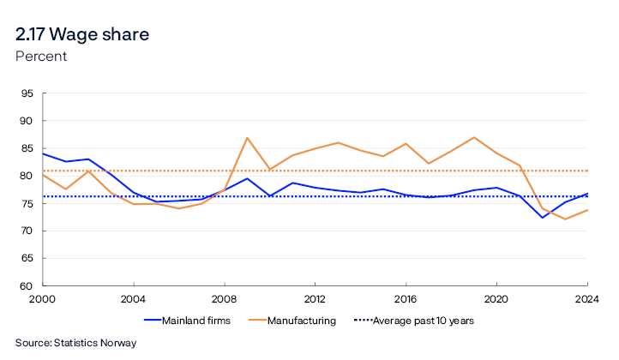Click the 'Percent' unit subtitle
click(x=41, y=57)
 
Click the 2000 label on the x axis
click(x=43, y=300)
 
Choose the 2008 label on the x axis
click(x=225, y=300)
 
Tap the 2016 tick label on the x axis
click(x=406, y=300)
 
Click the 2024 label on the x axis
click(x=586, y=300)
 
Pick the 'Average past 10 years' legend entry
click(x=417, y=321)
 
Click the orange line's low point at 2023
click(x=564, y=219)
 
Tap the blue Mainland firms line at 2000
click(x=44, y=154)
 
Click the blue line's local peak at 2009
click(x=247, y=178)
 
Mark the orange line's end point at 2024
click(x=586, y=210)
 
